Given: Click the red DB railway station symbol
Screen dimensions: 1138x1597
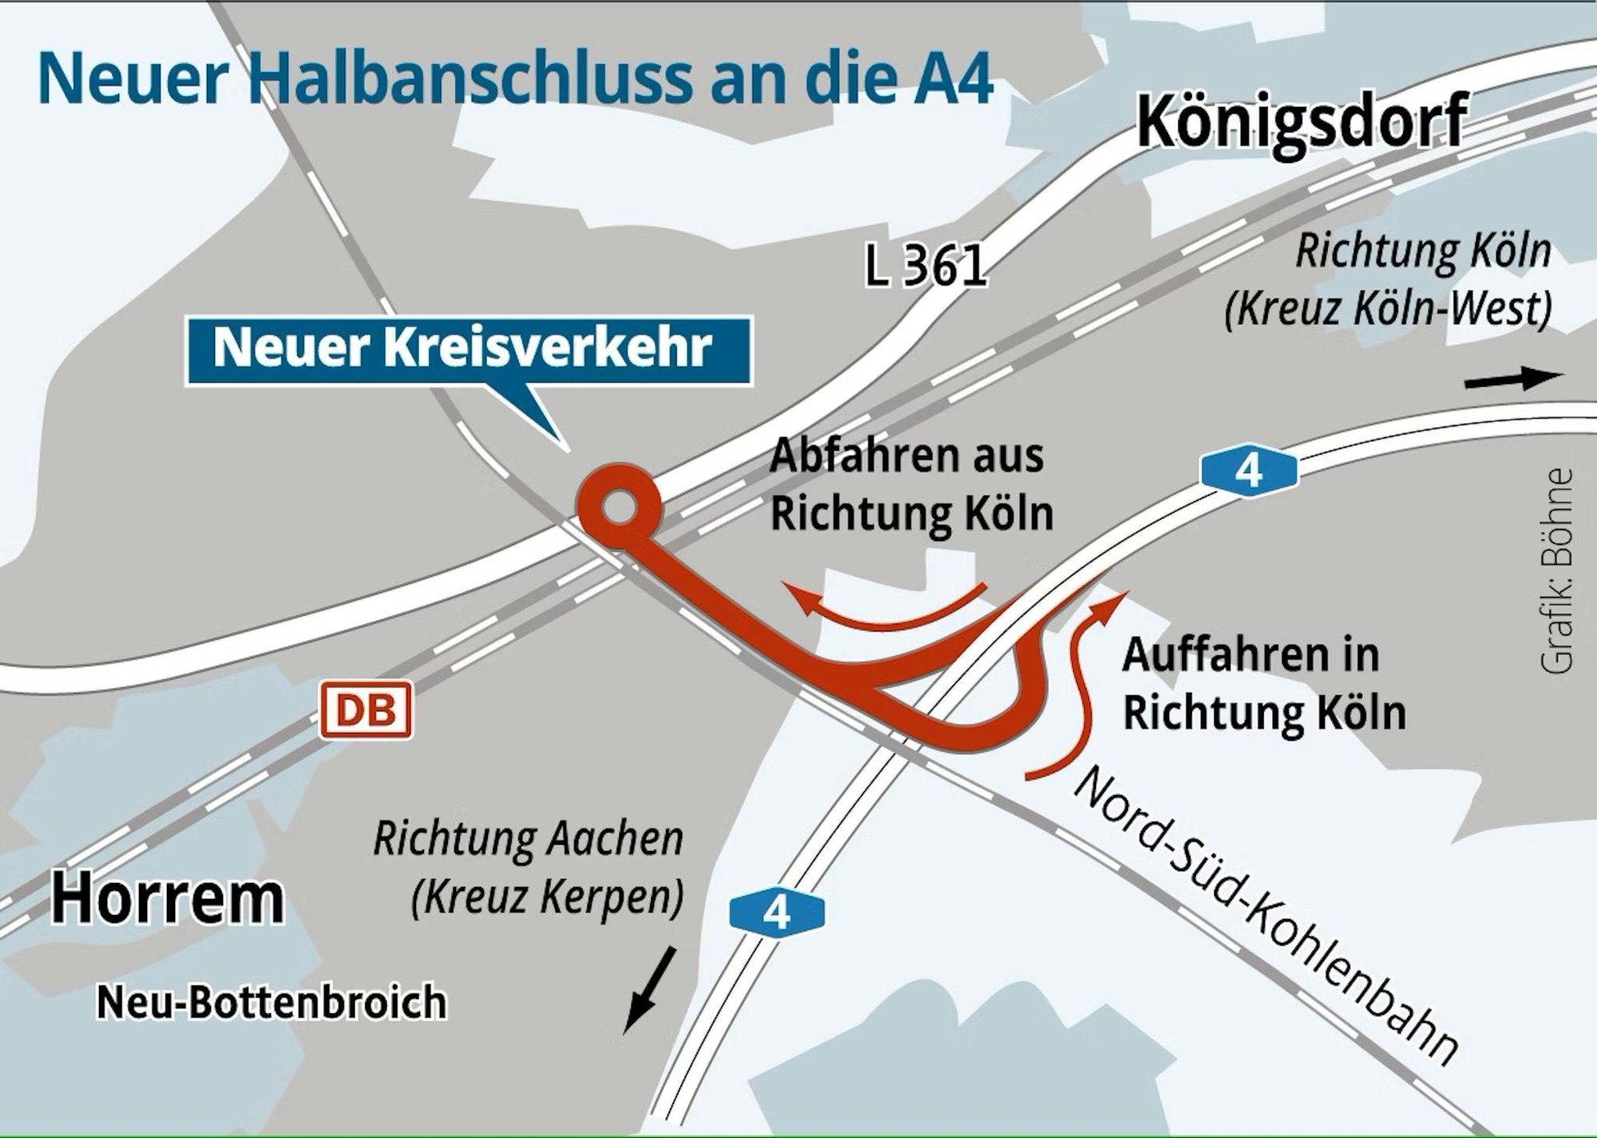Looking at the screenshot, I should [366, 709].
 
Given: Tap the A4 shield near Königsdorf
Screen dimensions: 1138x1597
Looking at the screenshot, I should [1248, 472].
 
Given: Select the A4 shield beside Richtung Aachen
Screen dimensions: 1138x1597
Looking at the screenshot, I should [776, 912].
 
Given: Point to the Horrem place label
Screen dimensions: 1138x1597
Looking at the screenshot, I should [168, 899].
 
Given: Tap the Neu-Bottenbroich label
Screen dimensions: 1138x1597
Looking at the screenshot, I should [272, 1002].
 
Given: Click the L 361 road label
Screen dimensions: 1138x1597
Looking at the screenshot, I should [926, 265].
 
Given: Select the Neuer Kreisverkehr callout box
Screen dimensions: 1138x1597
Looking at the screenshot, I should [469, 350].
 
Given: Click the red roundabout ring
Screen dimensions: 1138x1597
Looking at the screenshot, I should [619, 506].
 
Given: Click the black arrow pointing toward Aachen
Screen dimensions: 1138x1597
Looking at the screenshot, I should [650, 989].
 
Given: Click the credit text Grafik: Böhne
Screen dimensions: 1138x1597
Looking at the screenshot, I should [1557, 571].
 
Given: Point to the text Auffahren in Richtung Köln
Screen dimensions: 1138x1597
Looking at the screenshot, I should [1262, 683].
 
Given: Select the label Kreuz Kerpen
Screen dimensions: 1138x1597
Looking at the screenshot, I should [547, 897].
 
